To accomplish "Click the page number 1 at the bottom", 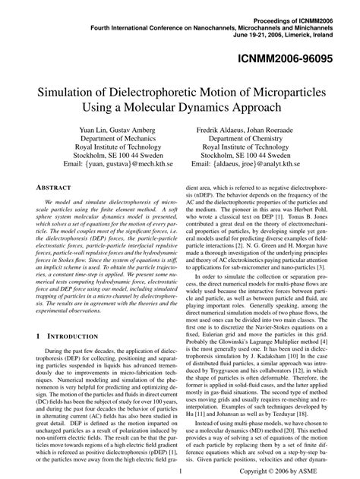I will pos(179,471).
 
